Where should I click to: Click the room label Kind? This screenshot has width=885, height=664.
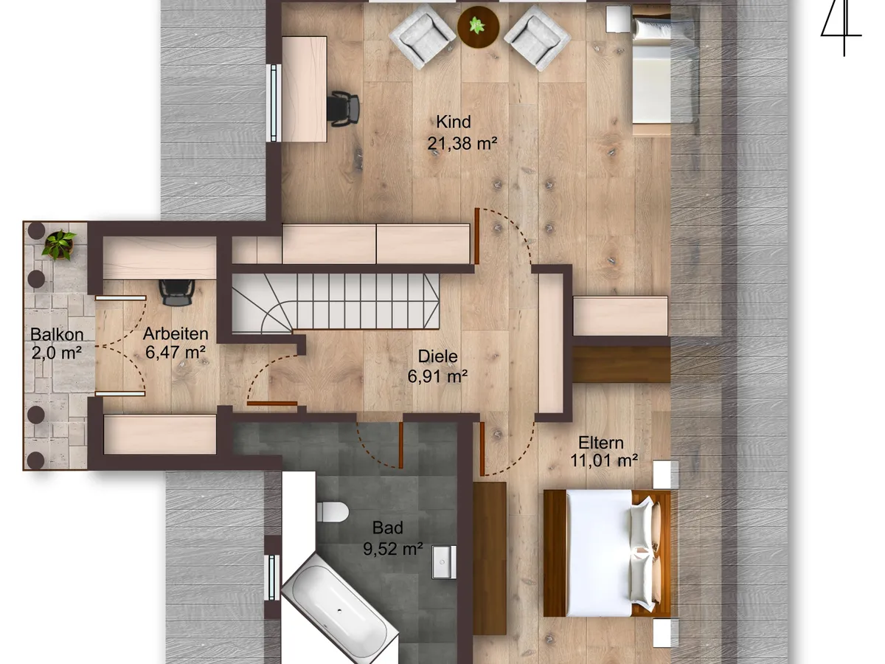point(453,122)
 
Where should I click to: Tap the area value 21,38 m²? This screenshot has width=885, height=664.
point(462,143)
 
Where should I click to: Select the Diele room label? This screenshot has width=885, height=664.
point(437,356)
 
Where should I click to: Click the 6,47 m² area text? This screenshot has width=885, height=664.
point(176,352)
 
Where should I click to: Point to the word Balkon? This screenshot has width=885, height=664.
point(57,334)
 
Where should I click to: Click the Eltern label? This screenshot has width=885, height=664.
point(601,443)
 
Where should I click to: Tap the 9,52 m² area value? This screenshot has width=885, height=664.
point(392,548)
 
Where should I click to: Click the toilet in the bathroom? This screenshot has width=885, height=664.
point(332,511)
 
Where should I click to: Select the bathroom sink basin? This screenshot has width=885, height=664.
point(444,562)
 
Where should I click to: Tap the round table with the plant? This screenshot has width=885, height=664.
point(478,27)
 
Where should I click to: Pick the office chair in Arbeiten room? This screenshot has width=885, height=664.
point(176,292)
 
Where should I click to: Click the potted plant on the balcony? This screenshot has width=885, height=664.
point(60,245)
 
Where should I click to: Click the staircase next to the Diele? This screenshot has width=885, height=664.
point(336,303)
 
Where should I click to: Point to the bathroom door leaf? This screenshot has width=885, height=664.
point(400,445)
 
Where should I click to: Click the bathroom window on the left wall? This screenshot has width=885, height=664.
point(274,578)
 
